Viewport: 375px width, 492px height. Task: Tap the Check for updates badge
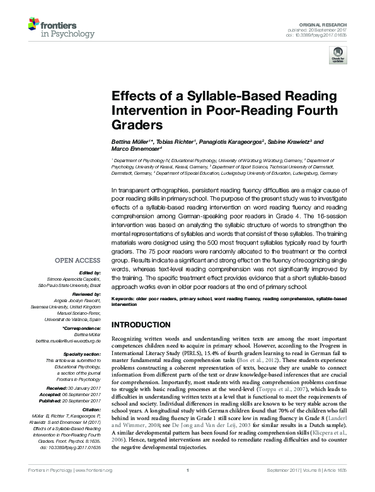[x=338, y=57]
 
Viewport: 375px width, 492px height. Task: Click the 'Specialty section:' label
[x=82, y=354]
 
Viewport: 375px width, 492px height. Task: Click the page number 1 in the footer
[x=188, y=488]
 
